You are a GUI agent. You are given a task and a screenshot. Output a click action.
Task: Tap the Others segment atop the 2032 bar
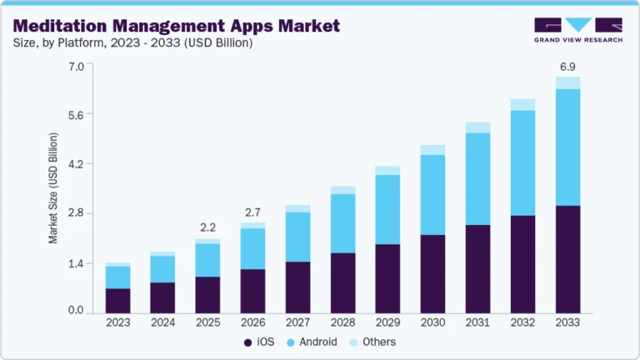point(522,104)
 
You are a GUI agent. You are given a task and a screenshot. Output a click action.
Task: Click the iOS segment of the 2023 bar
point(117,300)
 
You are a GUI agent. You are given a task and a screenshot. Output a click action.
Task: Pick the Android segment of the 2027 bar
point(297,237)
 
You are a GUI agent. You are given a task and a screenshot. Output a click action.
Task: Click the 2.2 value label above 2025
point(207,227)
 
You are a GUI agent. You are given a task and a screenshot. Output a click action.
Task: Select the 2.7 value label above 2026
point(252,211)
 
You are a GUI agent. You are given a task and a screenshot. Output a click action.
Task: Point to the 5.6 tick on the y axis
point(76,115)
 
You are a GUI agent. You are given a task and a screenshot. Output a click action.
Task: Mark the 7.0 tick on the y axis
point(76,66)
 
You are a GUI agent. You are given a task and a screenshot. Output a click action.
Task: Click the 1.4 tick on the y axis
point(76,263)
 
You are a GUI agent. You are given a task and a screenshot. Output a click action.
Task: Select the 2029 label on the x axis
point(387,322)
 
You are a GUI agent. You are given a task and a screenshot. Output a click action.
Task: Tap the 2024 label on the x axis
point(162,322)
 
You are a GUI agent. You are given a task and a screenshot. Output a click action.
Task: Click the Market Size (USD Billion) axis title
point(53,187)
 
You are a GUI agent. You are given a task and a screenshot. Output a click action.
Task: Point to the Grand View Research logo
point(578,29)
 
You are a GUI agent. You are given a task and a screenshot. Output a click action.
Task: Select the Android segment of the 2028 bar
point(342,223)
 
